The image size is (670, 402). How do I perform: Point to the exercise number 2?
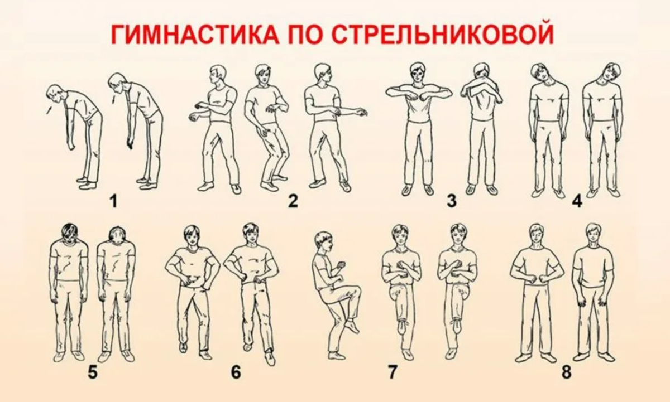293,201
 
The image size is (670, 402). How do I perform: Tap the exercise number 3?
452,201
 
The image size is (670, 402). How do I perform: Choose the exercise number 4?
577,201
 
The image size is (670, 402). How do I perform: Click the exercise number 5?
93,372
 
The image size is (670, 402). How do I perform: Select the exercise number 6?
236,372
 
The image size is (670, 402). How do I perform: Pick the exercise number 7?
392,372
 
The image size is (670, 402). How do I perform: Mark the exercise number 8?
566,372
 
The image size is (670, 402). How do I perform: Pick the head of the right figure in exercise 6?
251,234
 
